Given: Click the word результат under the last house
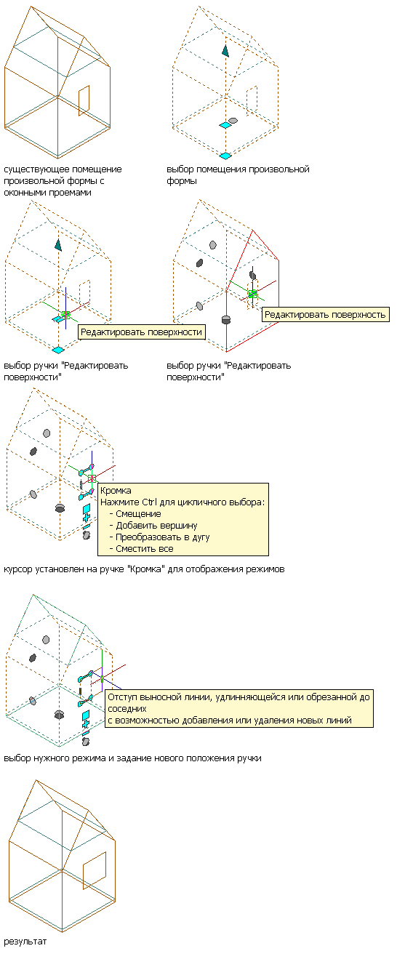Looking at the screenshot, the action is (x=25, y=942).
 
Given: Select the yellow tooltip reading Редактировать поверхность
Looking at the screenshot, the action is (x=326, y=314).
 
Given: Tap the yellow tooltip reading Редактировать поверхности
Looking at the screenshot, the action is (x=142, y=332).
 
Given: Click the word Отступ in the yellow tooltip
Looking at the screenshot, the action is (x=121, y=697).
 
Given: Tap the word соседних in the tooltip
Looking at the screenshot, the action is (x=127, y=709).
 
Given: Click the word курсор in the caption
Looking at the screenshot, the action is (x=17, y=569).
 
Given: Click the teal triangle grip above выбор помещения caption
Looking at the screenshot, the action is (x=225, y=50).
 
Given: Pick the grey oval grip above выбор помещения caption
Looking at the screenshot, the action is (x=233, y=121).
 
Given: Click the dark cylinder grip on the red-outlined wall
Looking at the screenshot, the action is (x=225, y=319).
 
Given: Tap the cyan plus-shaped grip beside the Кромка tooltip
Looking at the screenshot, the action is (x=87, y=517).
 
